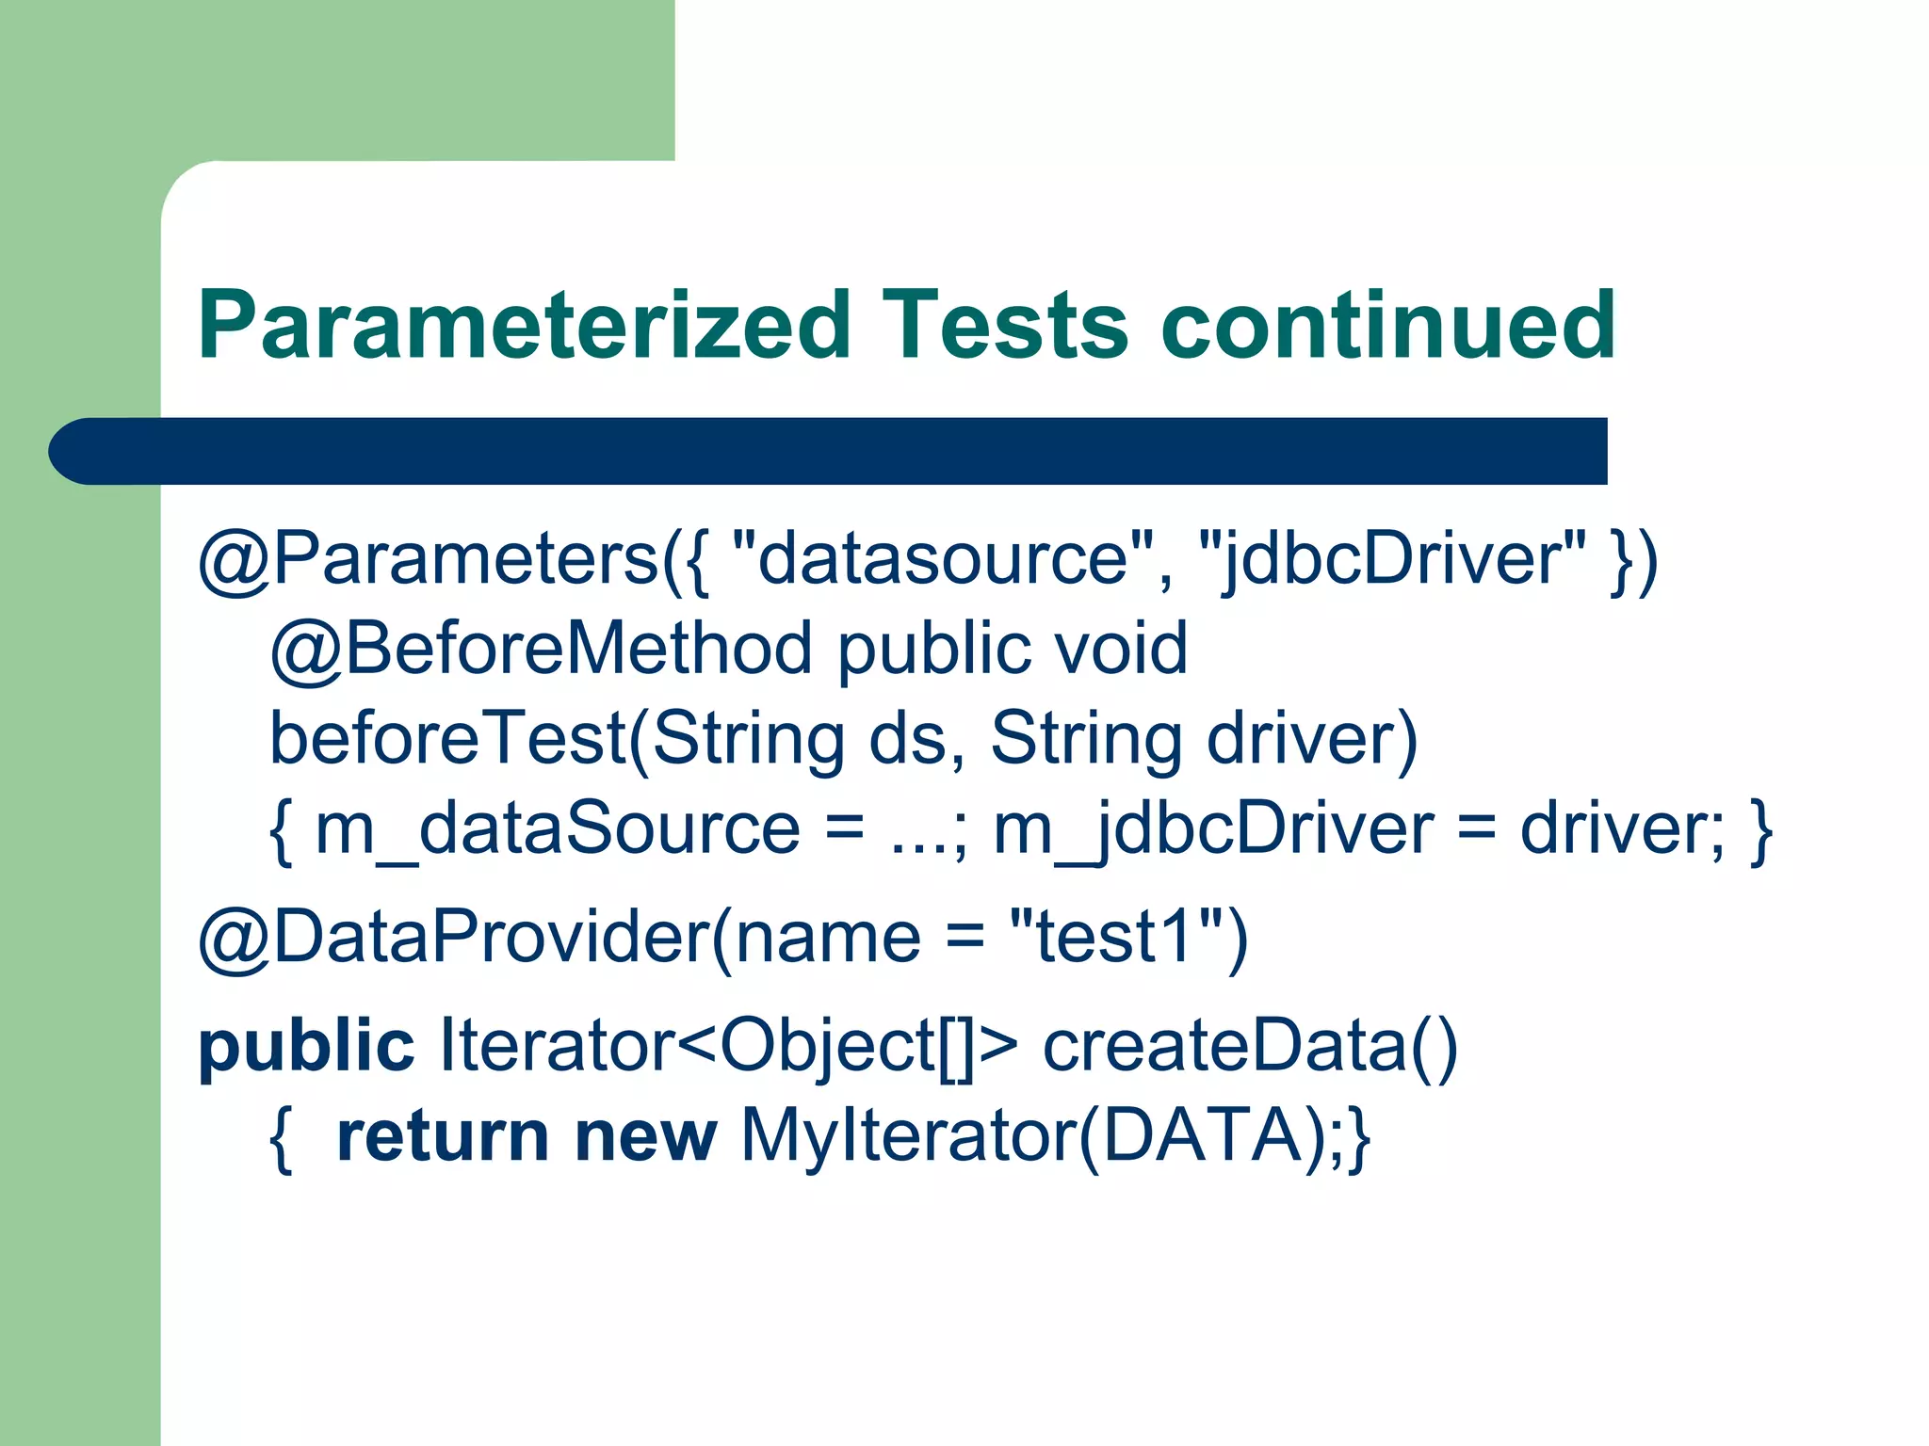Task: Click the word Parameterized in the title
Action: click(524, 326)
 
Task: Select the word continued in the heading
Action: click(1388, 326)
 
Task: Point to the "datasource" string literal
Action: click(942, 559)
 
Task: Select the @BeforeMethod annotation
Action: click(541, 649)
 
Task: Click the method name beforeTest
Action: click(448, 738)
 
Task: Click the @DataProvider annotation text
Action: click(452, 937)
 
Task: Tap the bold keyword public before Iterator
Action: click(306, 1046)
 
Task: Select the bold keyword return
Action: click(442, 1136)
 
